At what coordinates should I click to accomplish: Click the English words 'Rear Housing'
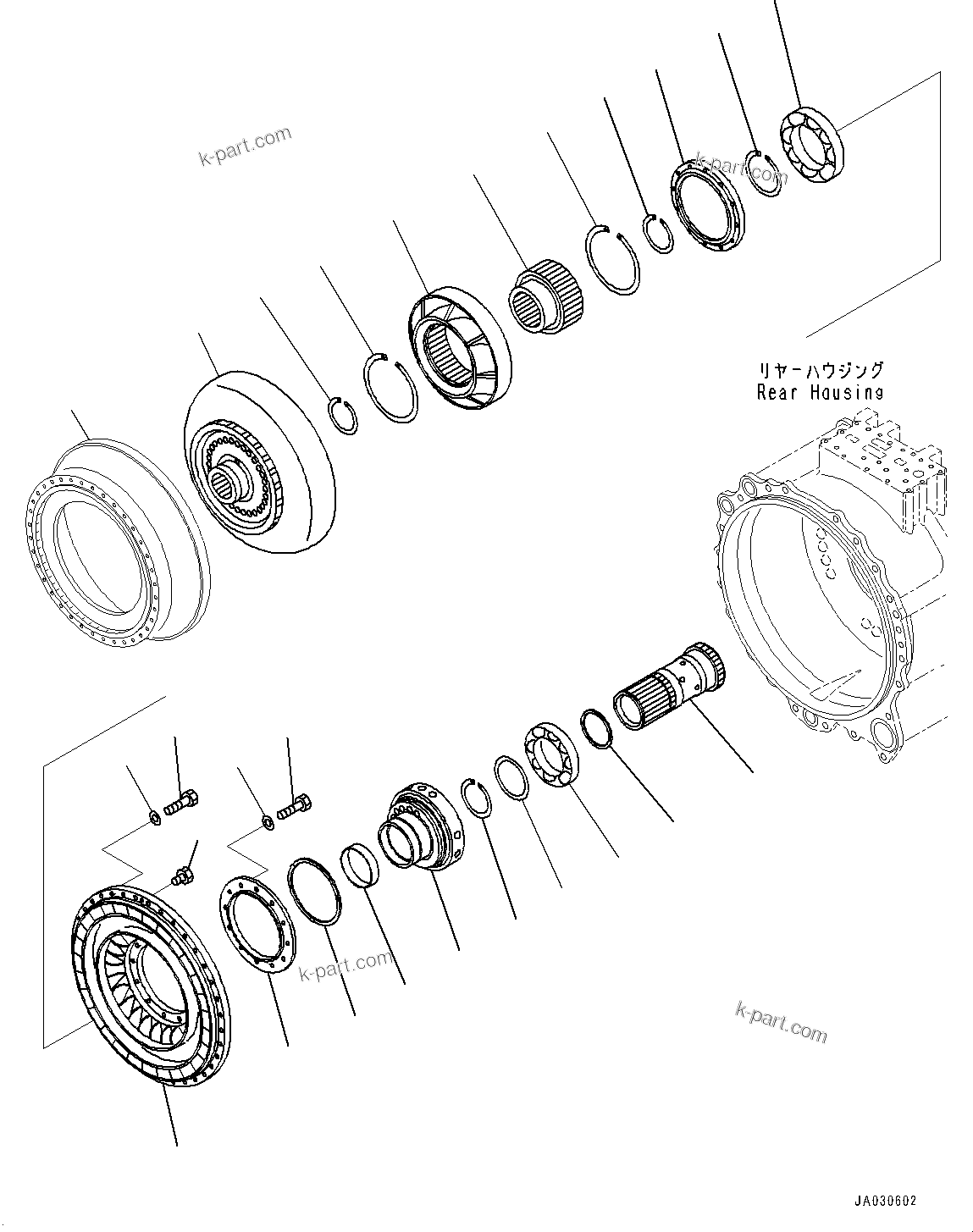point(820,392)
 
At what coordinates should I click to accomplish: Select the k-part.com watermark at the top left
point(246,146)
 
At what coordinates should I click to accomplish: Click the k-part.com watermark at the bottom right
point(781,1020)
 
